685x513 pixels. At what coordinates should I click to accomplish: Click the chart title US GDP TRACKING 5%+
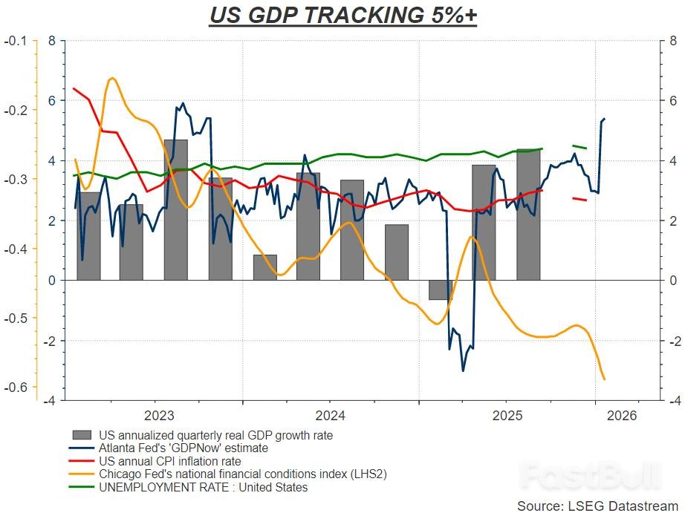(342, 15)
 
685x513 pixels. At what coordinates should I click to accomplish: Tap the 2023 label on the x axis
(159, 416)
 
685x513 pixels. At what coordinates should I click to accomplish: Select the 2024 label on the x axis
(329, 416)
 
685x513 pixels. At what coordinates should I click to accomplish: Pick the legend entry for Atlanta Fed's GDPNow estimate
(184, 448)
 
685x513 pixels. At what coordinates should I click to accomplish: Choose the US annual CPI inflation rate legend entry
(170, 461)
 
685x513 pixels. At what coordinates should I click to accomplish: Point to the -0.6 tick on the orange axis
(17, 388)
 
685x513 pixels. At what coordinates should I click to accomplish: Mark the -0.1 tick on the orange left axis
(17, 41)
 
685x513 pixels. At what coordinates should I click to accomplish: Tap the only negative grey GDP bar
(440, 290)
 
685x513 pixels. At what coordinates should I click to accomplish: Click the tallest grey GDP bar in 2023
(175, 209)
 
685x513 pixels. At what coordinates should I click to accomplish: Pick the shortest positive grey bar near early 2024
(264, 267)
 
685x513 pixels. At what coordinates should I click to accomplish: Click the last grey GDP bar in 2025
(528, 215)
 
